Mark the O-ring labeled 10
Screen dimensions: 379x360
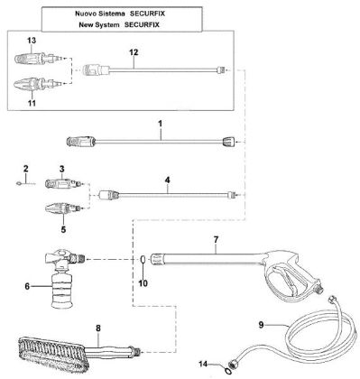(144, 263)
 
